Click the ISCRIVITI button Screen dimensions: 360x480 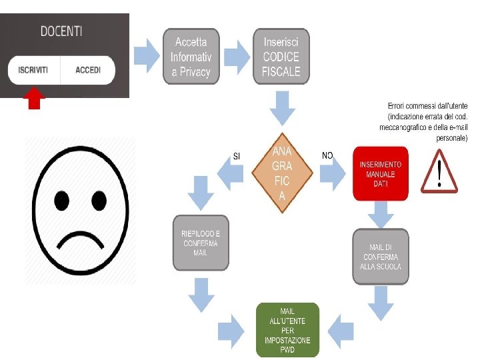[33, 70]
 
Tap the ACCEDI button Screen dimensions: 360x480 [88, 70]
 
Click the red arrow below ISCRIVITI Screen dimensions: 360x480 [35, 99]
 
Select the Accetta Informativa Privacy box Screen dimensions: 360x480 [191, 56]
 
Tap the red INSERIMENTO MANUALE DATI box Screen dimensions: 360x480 [380, 174]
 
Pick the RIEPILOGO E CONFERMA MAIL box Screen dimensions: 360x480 [200, 243]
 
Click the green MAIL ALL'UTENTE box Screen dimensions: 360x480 [287, 329]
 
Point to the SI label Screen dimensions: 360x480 [236, 156]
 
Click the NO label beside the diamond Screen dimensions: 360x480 [327, 155]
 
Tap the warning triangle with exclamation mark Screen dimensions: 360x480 [439, 172]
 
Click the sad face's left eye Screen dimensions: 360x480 [62, 199]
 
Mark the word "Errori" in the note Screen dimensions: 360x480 [398, 106]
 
